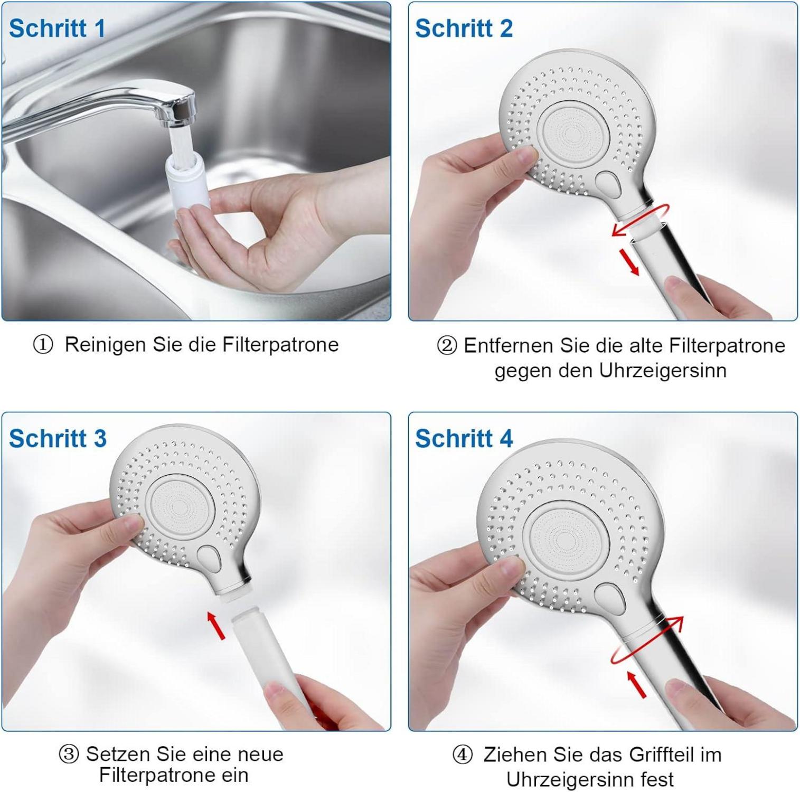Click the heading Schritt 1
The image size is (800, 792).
57,29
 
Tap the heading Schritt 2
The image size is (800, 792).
464,29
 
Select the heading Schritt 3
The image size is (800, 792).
58,439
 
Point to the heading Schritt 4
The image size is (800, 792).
464,439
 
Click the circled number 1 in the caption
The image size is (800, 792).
43,345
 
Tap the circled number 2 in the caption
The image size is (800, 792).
447,346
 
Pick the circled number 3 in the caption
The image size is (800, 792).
69,755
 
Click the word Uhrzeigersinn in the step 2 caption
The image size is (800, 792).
664,371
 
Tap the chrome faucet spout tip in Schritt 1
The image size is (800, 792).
181,112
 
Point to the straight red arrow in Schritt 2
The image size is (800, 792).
629,261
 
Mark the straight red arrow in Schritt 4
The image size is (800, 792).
636,684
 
